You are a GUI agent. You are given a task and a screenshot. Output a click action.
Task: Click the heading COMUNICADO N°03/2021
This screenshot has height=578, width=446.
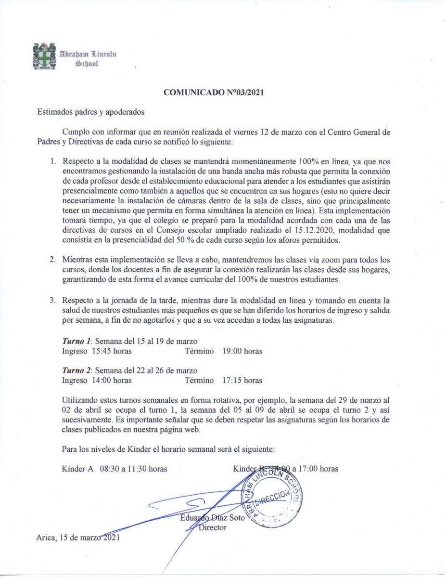[214, 92]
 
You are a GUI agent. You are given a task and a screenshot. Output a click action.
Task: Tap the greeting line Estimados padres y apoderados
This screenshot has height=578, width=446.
[90, 112]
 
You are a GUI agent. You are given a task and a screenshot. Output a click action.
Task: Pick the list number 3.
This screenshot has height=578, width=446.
[53, 301]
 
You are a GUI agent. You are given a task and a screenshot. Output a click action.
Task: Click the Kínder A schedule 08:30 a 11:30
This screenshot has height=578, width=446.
[133, 468]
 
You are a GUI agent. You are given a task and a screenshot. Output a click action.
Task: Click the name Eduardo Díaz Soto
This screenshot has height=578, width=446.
[213, 518]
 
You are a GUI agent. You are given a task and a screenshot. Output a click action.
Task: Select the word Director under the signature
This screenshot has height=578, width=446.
[213, 527]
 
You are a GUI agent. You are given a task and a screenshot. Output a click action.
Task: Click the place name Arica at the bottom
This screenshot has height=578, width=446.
[46, 538]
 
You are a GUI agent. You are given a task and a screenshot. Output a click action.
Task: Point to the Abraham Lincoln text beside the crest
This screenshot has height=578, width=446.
[88, 54]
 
